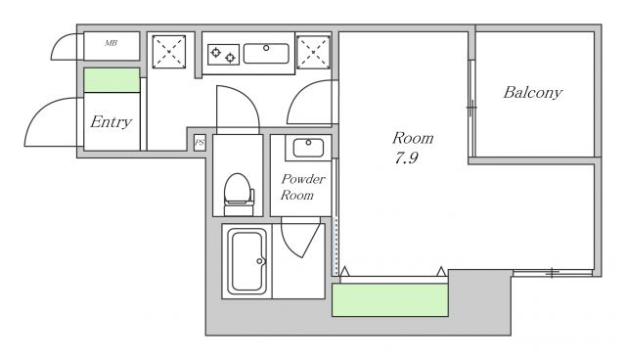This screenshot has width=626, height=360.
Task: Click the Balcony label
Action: click(532, 93)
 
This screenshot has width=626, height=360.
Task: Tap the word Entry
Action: click(111, 121)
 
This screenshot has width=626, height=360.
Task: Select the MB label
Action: click(111, 43)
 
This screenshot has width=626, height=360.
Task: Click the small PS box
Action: click(200, 143)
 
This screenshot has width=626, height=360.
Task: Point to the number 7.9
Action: click(407, 158)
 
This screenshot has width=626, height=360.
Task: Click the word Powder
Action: click(303, 179)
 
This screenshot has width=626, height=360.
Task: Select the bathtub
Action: click(247, 261)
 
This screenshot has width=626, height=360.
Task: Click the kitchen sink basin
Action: click(266, 54)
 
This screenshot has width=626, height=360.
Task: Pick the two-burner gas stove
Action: click(224, 55)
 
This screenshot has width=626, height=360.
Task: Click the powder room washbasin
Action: click(308, 148)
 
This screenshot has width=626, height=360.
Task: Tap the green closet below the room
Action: click(390, 299)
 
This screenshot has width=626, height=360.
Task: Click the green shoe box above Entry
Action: click(112, 80)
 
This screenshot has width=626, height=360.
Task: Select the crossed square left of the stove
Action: click(169, 52)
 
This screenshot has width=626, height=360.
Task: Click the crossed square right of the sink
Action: click(313, 52)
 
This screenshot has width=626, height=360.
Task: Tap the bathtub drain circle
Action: click(259, 261)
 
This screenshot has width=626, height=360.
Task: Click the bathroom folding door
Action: click(300, 238)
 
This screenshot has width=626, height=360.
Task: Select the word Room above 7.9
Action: click(413, 139)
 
